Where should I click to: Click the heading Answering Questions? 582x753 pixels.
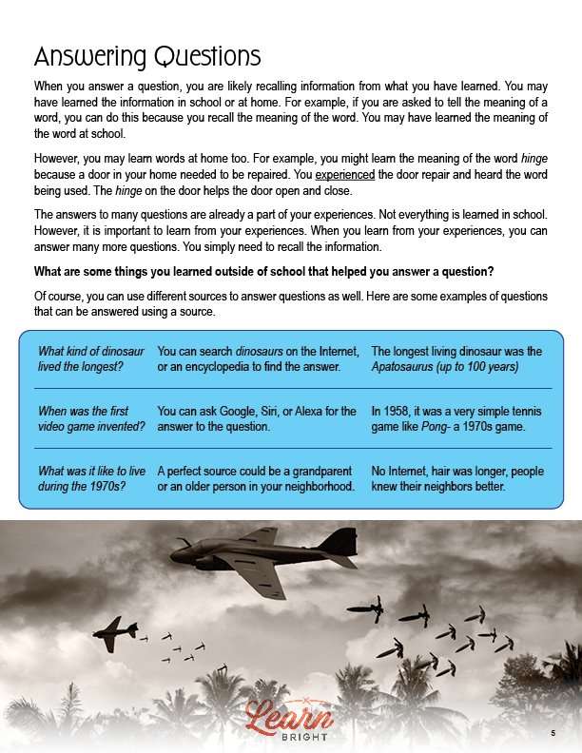[x=146, y=56]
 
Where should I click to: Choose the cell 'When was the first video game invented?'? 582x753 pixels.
[x=91, y=419]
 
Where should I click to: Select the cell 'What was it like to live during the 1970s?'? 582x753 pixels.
[x=91, y=479]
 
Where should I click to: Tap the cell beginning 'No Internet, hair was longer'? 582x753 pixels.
[x=456, y=479]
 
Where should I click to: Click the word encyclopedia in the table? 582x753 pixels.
[x=220, y=365]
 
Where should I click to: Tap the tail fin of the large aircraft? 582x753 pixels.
[x=339, y=543]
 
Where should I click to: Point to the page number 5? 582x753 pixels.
[x=553, y=733]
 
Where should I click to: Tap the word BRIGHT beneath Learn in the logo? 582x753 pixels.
[x=291, y=738]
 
